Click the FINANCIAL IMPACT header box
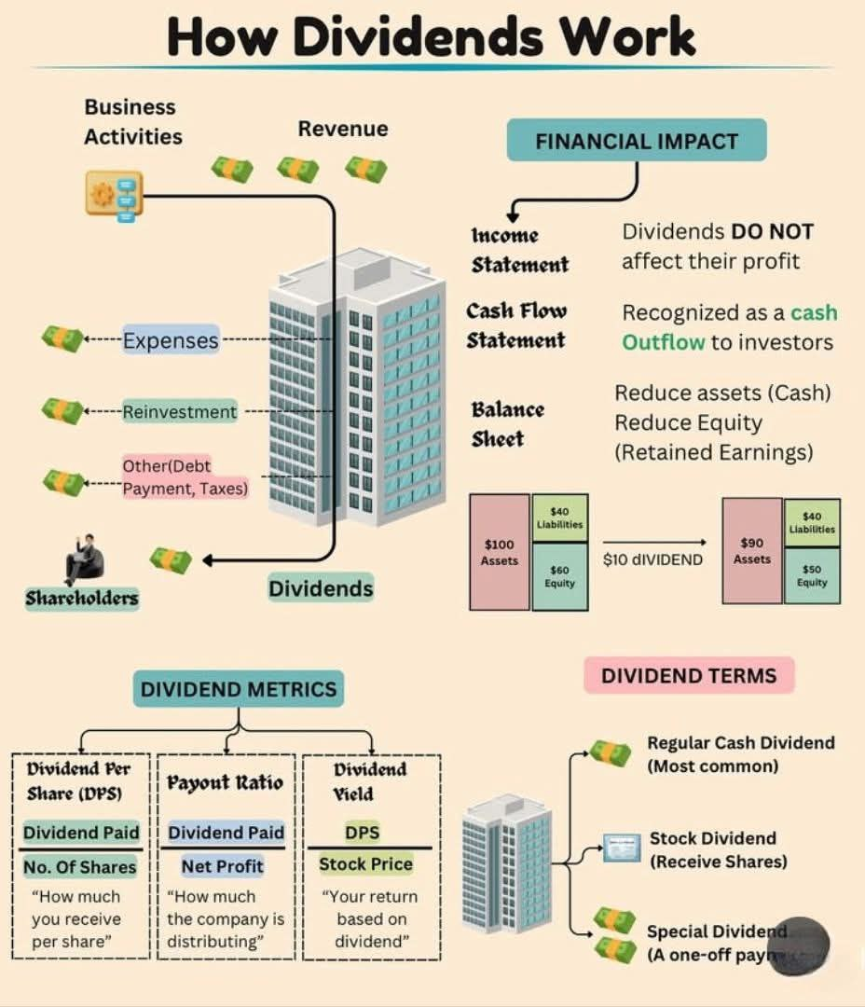(x=636, y=141)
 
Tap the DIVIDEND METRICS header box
(x=238, y=689)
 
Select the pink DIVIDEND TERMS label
(x=688, y=676)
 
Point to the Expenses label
(x=171, y=340)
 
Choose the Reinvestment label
(x=179, y=411)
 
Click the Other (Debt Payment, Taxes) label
(x=185, y=476)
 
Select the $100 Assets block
(x=500, y=552)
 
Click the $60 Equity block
(x=560, y=576)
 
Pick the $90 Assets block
(x=751, y=550)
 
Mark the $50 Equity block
(x=811, y=575)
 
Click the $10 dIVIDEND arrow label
(x=652, y=559)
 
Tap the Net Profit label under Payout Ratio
(x=224, y=866)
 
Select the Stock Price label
(x=365, y=864)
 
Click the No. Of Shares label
(x=80, y=867)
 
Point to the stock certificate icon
(x=621, y=848)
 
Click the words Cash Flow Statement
(x=516, y=324)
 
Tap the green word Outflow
(x=663, y=342)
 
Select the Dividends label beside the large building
(x=321, y=588)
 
